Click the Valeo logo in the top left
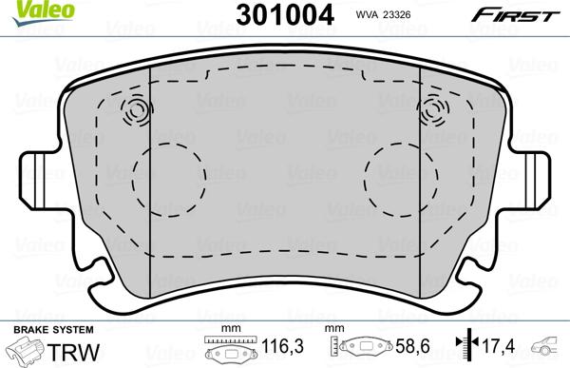point(30,10)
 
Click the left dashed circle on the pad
point(168,177)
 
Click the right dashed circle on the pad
point(400,177)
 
